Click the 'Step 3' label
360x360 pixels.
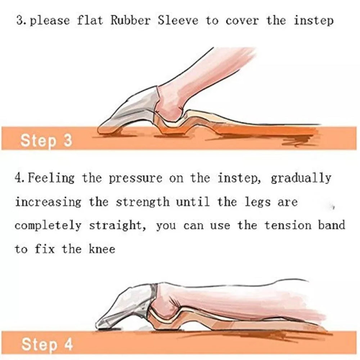46,140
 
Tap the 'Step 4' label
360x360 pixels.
47,345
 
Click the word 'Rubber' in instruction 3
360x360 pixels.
130,20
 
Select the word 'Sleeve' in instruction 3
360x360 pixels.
178,20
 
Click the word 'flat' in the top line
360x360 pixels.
90,20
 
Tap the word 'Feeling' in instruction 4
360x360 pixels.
51,178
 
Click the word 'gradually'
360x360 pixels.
301,178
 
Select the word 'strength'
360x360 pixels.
143,202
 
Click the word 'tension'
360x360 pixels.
288,225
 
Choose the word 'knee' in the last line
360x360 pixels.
102,249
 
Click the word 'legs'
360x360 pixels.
257,202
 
